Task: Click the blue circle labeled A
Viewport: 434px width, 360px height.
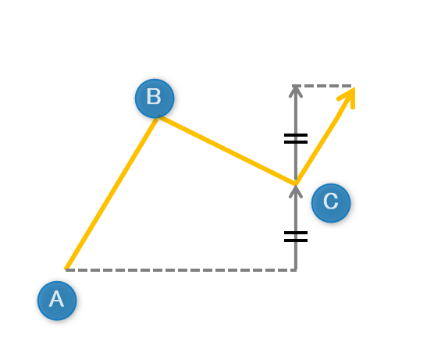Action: [57, 301]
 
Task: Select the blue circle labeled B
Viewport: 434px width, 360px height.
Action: [155, 98]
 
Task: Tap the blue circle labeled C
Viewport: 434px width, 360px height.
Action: [331, 203]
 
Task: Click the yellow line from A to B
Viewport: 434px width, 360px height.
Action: [112, 193]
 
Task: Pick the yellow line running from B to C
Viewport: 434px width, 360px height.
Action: [226, 151]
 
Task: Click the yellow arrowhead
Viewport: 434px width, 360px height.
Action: [347, 97]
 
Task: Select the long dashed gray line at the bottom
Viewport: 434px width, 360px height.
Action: [181, 270]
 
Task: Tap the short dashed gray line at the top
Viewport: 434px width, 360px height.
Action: [322, 86]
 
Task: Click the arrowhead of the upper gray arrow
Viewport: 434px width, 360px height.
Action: [296, 91]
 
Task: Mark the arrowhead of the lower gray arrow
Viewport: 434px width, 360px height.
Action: [296, 191]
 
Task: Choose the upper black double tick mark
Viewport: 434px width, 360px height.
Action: [296, 139]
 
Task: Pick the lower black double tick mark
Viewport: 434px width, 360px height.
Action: [296, 237]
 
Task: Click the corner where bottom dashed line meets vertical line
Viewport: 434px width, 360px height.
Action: [296, 270]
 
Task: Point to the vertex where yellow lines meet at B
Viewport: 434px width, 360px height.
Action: [158, 117]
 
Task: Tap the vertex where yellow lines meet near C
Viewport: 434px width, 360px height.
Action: [296, 184]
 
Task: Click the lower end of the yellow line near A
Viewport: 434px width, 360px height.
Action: [66, 269]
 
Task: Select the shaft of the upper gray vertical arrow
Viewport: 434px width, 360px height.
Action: [296, 134]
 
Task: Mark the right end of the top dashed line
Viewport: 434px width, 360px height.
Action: [351, 86]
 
